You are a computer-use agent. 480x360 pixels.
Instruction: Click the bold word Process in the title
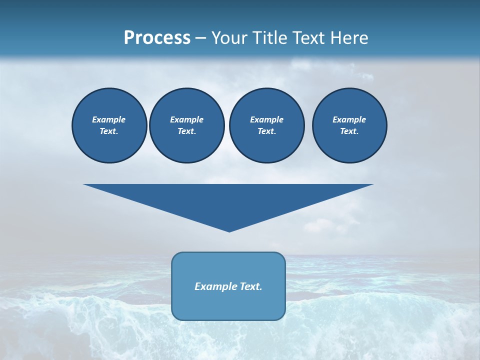tap(157, 38)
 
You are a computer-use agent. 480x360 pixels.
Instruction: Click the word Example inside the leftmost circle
tap(108, 119)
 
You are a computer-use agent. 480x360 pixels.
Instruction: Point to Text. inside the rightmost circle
tap(349, 131)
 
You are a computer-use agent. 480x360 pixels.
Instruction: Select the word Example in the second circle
tap(186, 119)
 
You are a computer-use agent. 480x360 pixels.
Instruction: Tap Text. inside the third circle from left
tap(266, 131)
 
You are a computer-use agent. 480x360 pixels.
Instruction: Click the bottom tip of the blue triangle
tap(229, 230)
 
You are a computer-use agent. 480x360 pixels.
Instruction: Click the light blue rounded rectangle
tap(228, 305)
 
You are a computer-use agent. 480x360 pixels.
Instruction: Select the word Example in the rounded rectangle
tap(214, 286)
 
